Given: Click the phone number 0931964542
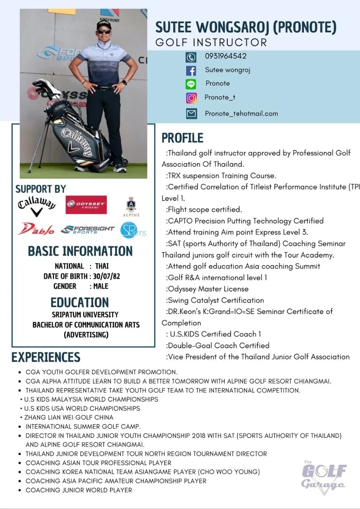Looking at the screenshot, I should click(x=226, y=56).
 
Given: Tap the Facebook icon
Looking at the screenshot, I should click(x=191, y=71).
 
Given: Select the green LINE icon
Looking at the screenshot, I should click(x=191, y=84).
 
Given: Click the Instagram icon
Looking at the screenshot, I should click(x=191, y=98).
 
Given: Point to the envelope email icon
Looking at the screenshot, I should click(x=191, y=114).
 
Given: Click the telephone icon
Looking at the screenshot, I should click(x=191, y=57).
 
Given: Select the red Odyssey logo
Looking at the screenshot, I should click(x=86, y=205).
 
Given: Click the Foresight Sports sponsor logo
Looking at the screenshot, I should click(x=88, y=230).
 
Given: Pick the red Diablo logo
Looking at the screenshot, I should click(x=36, y=229).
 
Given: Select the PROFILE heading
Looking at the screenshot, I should click(x=182, y=138).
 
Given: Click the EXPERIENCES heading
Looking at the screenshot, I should click(x=46, y=357).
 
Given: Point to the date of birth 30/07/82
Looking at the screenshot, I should click(x=106, y=276).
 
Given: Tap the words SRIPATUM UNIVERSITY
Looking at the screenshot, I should click(x=85, y=314).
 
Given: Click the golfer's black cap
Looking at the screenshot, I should click(x=104, y=25).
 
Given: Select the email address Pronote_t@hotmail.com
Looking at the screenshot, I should click(x=241, y=114).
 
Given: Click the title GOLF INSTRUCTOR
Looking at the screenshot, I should click(x=211, y=42).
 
